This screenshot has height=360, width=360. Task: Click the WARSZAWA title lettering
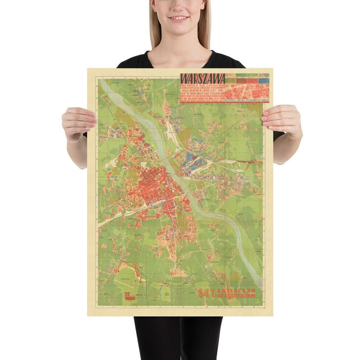coord(202,78)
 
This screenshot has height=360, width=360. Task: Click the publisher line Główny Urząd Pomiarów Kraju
coord(248,100)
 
